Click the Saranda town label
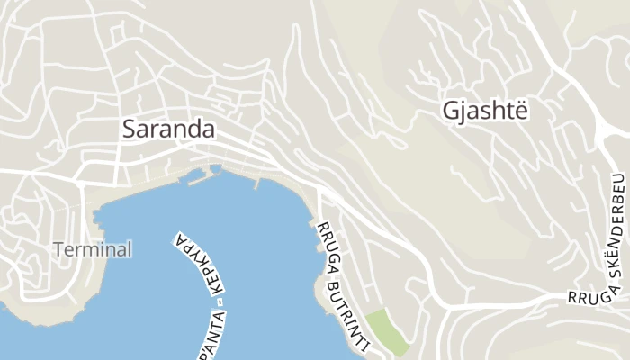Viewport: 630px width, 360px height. (168, 129)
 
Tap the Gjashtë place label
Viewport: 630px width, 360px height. (483, 110)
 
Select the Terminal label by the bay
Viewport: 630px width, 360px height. (93, 249)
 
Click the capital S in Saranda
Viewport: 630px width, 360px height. (129, 129)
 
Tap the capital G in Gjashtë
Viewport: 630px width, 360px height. (451, 110)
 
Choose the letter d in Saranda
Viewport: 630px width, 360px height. (194, 129)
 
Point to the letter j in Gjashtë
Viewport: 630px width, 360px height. (463, 112)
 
